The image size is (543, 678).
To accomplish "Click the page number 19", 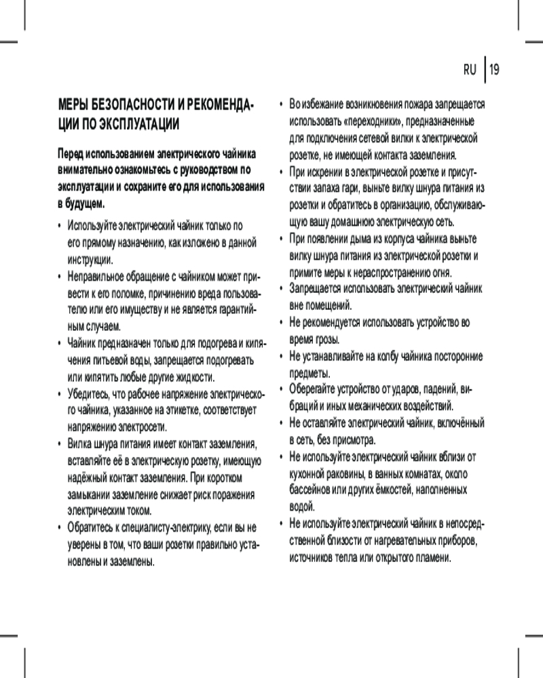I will (x=494, y=69).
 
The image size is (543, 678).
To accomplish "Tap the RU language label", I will (x=470, y=69).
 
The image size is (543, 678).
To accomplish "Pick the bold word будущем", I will (x=86, y=203).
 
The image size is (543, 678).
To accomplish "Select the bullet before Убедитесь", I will (x=60, y=394).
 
